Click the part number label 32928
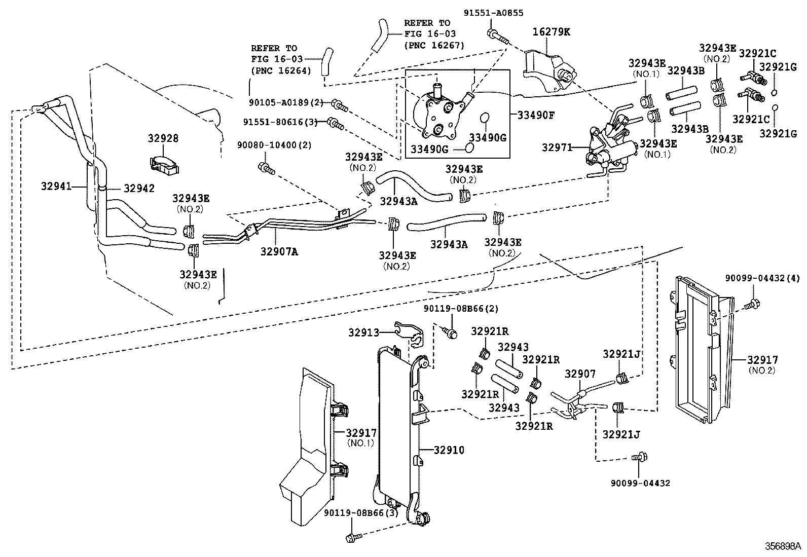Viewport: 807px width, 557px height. pyautogui.click(x=163, y=138)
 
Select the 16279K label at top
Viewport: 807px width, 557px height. pyautogui.click(x=551, y=32)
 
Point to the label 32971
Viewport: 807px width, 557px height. pyautogui.click(x=557, y=147)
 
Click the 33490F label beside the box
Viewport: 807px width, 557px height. pyautogui.click(x=536, y=115)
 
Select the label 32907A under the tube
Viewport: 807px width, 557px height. pyautogui.click(x=279, y=250)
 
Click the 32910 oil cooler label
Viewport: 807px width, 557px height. pyautogui.click(x=449, y=450)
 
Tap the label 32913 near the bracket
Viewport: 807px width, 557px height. pyautogui.click(x=363, y=332)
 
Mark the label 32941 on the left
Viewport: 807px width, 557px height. pyautogui.click(x=56, y=187)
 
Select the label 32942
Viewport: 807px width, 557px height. pyautogui.click(x=138, y=188)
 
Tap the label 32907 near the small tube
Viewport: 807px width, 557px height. pyautogui.click(x=580, y=374)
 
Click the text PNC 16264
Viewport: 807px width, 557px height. pyautogui.click(x=280, y=70)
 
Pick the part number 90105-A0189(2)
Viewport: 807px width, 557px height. pyautogui.click(x=286, y=102)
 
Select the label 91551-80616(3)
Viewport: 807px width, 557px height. pyautogui.click(x=284, y=122)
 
